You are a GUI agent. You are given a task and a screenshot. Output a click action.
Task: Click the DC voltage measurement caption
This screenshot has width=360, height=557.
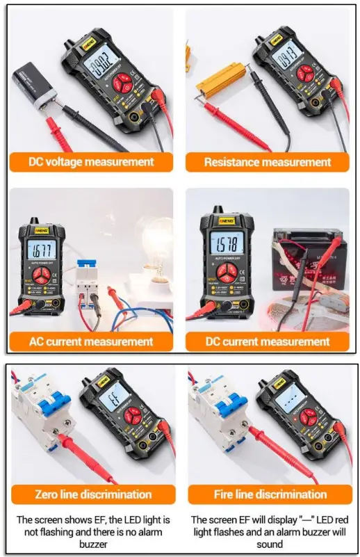[x=90, y=162]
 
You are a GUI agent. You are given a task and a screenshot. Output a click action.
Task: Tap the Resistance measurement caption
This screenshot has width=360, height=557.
[x=267, y=162]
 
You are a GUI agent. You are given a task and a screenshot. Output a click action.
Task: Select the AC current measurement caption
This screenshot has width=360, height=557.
[x=90, y=341]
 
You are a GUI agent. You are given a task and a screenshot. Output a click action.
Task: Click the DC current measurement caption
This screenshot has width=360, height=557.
[x=268, y=341]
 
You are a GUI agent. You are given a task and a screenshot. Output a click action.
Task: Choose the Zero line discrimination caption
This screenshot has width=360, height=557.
[x=93, y=494]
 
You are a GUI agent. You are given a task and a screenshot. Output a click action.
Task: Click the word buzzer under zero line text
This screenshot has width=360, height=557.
[x=93, y=544]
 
